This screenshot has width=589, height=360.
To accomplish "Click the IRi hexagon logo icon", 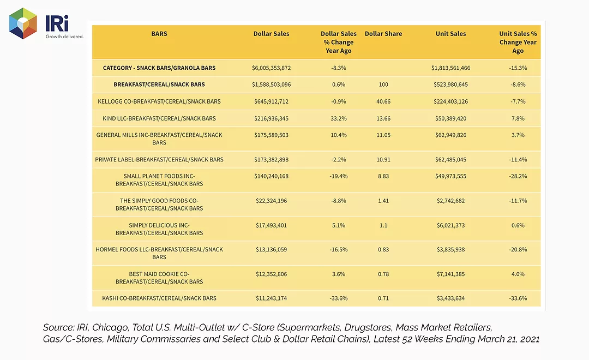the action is point(23,23).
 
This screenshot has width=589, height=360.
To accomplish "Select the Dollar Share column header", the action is point(383,34).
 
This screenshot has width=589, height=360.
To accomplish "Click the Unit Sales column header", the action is point(450,34).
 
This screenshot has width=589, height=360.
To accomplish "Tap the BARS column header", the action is point(159,34).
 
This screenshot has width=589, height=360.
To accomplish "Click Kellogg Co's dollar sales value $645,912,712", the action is point(271,101).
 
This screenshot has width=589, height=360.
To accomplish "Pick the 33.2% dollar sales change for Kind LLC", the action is point(339,118).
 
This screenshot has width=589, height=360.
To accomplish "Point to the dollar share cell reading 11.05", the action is point(383,135).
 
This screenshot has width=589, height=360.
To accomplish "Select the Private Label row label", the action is point(159,160).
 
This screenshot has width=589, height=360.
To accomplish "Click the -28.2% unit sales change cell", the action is point(518,176).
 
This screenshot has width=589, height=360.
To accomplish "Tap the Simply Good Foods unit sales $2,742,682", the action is point(450,201).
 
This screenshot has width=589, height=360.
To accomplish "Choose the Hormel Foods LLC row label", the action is point(159,253).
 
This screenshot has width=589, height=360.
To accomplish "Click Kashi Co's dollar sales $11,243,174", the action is point(271,298).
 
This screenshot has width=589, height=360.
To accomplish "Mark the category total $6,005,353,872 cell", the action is point(271,68).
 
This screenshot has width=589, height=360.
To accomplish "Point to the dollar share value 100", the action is point(383,85).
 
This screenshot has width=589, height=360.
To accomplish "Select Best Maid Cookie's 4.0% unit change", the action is point(518,274).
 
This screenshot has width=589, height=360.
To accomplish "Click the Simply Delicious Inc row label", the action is point(159,229).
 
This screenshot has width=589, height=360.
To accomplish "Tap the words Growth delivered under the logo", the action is point(64,37).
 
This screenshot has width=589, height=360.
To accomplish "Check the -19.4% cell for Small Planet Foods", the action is point(339,176).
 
